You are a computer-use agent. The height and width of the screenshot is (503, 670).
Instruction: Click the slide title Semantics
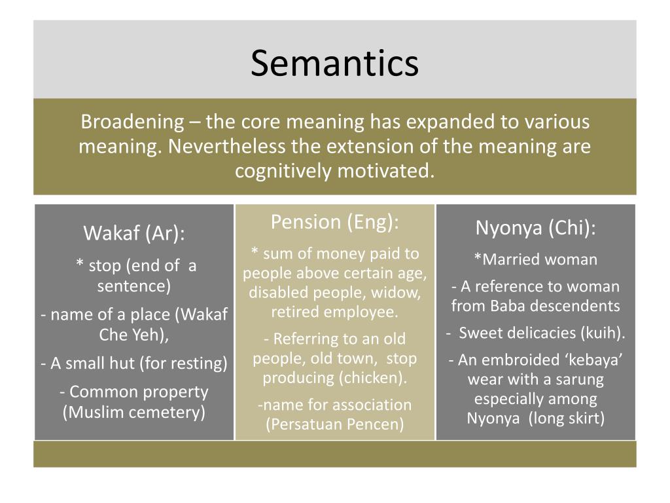tap(334, 64)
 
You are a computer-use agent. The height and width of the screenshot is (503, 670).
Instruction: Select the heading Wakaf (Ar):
tap(134, 233)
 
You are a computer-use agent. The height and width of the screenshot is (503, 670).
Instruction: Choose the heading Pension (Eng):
tap(334, 222)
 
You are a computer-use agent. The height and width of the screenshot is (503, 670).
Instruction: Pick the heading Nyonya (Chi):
tap(535, 228)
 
